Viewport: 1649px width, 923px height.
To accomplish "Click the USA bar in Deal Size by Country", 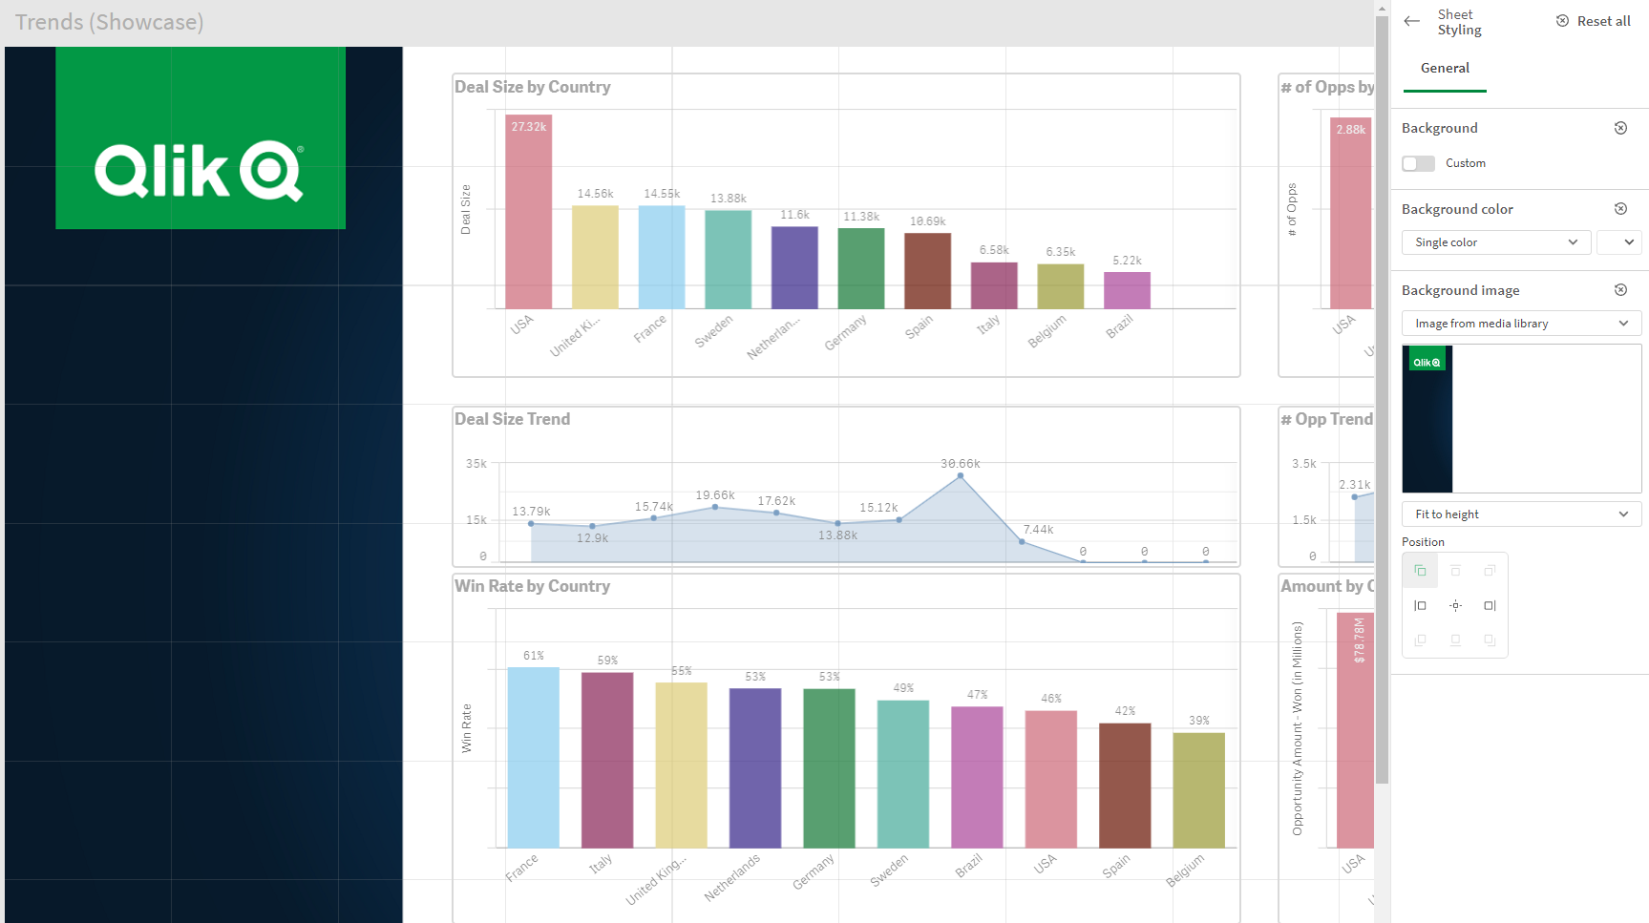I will click(x=528, y=220).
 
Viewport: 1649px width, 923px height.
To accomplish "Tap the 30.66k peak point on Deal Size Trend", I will click(x=961, y=475).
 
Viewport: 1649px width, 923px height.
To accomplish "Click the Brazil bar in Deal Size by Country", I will click(x=1127, y=290).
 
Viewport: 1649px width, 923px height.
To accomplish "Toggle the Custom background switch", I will click(x=1418, y=163).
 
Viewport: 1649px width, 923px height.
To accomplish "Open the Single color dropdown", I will click(x=1495, y=242).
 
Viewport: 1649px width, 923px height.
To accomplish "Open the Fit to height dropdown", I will click(x=1521, y=514).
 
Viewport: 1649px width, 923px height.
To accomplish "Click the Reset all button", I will click(x=1594, y=21).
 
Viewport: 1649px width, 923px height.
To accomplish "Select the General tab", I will click(x=1445, y=68).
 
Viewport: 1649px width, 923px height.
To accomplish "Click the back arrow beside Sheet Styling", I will click(x=1412, y=21).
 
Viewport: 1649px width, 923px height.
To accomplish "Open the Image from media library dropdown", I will click(x=1521, y=324).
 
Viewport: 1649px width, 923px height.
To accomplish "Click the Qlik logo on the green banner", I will click(x=200, y=171).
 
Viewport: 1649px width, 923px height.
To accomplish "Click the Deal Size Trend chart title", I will click(x=512, y=419).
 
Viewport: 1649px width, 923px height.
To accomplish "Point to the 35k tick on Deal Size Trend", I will click(x=476, y=464).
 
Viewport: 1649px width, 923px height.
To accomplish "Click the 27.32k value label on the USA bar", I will click(x=528, y=127).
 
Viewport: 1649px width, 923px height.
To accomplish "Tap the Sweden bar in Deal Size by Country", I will click(x=728, y=259).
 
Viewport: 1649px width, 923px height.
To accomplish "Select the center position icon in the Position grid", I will click(x=1455, y=606).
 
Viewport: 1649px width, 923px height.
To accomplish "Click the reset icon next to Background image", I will click(x=1620, y=290).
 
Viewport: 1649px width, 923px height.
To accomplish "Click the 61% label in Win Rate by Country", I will click(x=534, y=656).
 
